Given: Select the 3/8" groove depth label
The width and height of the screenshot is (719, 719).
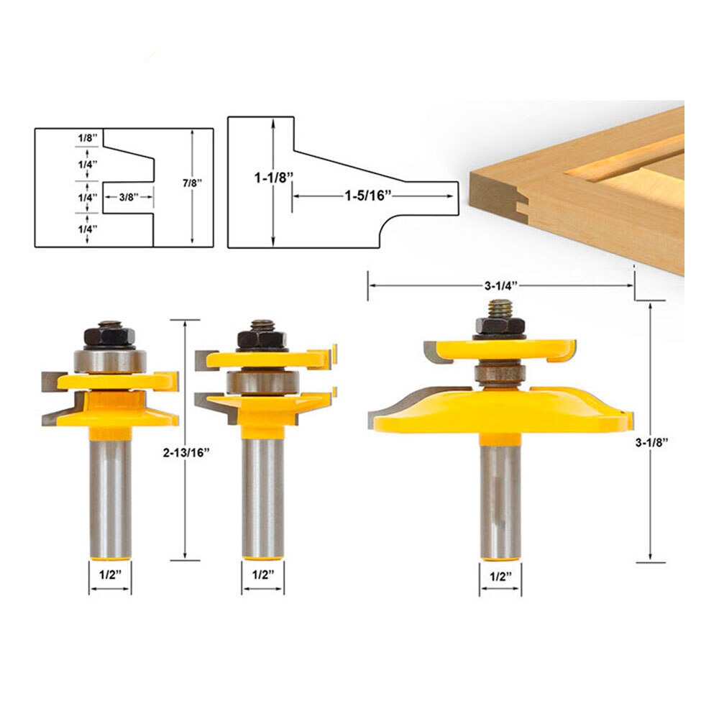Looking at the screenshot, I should coord(127,196).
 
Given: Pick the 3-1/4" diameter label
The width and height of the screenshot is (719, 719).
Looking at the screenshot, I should coord(500,285).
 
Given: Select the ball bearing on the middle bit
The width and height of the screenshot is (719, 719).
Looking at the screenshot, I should coord(262,382).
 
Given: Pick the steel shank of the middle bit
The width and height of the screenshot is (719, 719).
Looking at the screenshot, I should coord(262,496).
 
